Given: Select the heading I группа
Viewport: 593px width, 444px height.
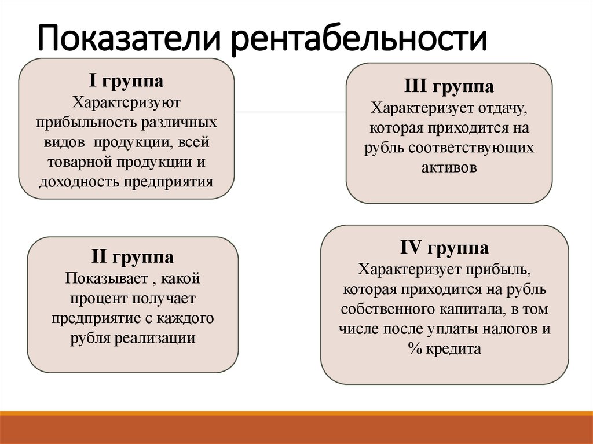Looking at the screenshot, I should [x=126, y=80].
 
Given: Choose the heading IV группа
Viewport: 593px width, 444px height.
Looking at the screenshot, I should [x=444, y=248].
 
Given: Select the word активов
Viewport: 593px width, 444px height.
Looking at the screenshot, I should [x=449, y=167].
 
